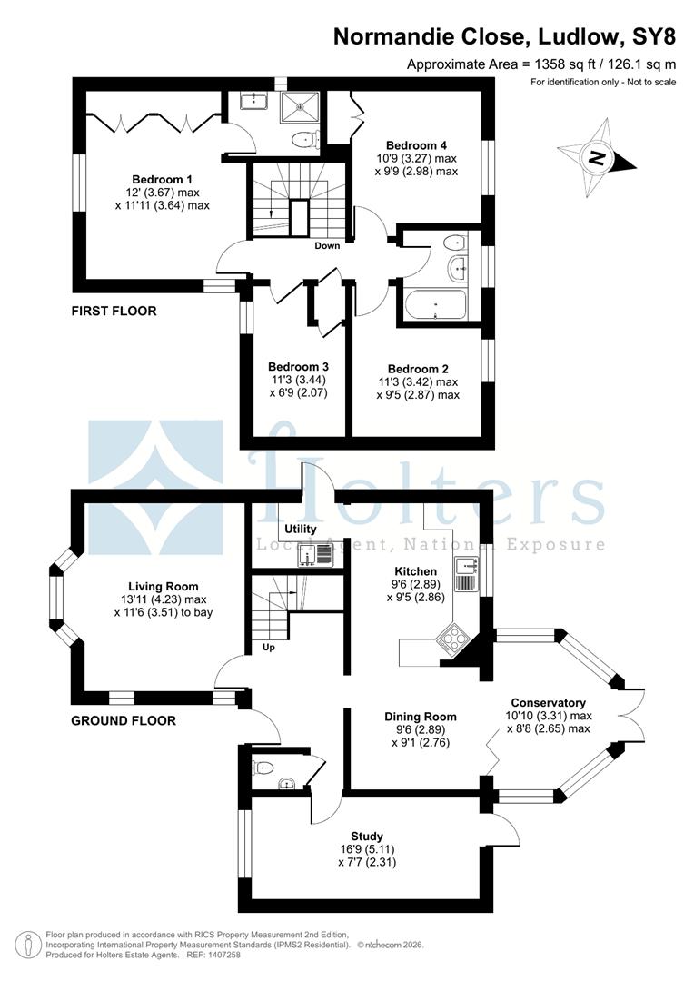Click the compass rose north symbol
coord(597,158)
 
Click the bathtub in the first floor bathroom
coord(435,305)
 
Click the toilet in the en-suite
coord(304,139)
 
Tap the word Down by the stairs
coord(327,246)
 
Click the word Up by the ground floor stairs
coord(269,647)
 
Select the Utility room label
coord(301,529)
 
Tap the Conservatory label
coord(548,702)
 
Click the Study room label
coord(367,837)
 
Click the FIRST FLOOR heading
coord(114,311)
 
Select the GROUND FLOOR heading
coord(124,720)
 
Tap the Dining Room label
coord(421,717)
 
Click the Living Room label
coord(164,587)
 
